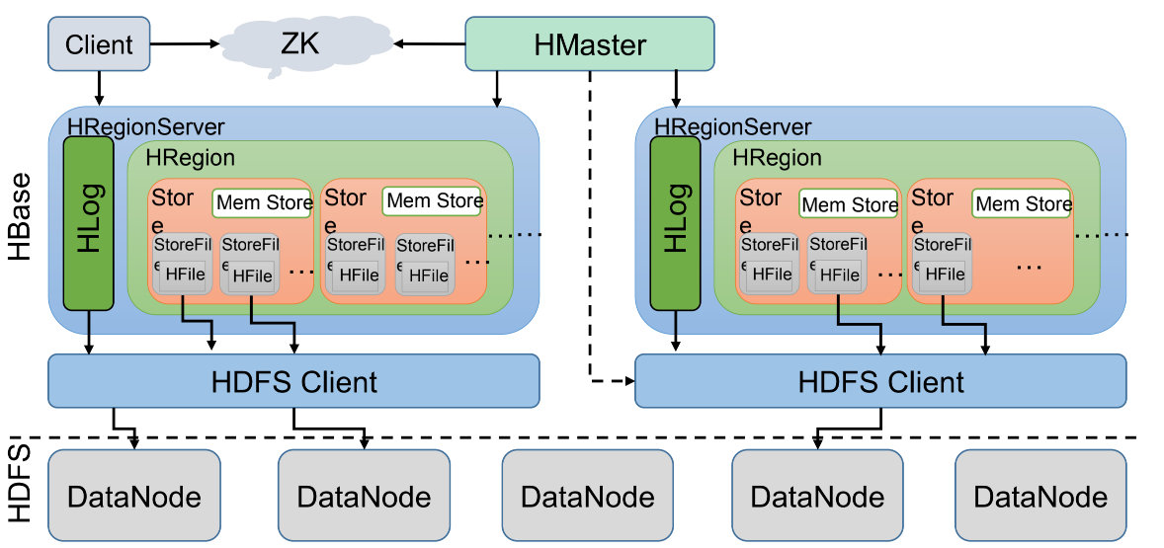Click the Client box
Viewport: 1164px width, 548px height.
99,43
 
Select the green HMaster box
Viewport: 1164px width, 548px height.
589,43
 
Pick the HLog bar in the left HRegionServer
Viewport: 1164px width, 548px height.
89,223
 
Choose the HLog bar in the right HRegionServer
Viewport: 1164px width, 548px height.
676,223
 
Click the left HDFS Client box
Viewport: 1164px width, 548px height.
293,381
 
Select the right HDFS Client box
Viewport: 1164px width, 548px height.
880,381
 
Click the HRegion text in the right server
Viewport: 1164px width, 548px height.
777,157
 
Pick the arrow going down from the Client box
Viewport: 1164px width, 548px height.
98,88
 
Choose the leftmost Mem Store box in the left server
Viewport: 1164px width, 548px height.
262,203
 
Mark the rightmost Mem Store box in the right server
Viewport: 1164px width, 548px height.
1023,204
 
